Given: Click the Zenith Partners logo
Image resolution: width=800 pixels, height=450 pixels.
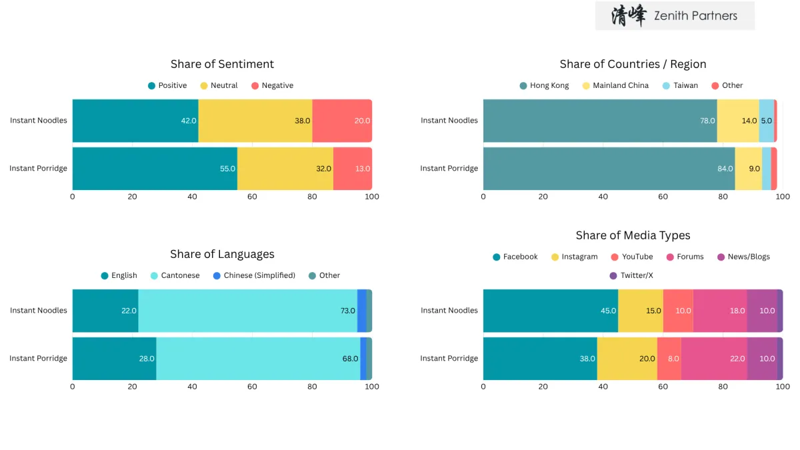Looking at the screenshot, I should click(x=675, y=16).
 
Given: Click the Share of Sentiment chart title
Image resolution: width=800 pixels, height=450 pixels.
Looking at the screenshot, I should click(x=222, y=64).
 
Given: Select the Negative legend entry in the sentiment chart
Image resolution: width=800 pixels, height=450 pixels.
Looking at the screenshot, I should click(x=273, y=85).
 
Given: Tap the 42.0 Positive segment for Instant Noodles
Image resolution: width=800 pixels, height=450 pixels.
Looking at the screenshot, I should click(x=135, y=121).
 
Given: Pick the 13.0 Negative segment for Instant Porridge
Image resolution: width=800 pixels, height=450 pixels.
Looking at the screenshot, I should click(x=353, y=169).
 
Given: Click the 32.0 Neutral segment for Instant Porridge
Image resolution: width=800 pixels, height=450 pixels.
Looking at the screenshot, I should click(x=285, y=169).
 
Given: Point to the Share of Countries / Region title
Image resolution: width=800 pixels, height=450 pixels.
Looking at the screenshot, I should click(x=633, y=64).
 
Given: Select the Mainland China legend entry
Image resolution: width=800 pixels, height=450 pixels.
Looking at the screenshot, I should click(x=615, y=85).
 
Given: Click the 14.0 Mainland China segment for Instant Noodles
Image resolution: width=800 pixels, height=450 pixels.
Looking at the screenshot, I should click(x=738, y=121).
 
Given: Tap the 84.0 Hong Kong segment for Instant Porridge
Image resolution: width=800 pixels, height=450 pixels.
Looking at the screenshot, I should click(x=609, y=169).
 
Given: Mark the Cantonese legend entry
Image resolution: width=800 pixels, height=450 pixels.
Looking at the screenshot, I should click(x=175, y=275).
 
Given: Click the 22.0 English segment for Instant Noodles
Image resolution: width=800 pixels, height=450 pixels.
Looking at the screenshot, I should click(x=105, y=311).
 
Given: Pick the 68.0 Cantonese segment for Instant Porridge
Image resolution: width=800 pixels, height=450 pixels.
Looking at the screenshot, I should click(x=258, y=359).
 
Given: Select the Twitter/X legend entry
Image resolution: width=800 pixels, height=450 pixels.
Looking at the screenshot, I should click(x=631, y=275).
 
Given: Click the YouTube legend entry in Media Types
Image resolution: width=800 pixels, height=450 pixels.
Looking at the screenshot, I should click(x=632, y=257).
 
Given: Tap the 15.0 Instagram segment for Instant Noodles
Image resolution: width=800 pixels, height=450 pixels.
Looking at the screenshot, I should click(x=641, y=311).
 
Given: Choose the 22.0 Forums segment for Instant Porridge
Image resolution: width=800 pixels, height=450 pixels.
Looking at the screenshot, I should click(x=714, y=359).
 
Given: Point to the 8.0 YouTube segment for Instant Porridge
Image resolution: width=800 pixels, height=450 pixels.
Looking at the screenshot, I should click(x=669, y=359).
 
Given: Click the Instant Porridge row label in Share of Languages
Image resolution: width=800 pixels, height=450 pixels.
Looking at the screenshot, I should click(x=38, y=359).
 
